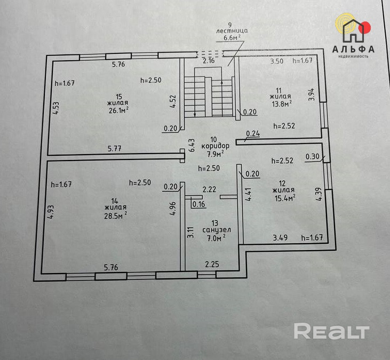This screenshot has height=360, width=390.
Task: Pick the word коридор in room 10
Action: (216, 146)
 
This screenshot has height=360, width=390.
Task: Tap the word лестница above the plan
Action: (230, 31)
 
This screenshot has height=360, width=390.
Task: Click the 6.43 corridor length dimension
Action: (192, 146)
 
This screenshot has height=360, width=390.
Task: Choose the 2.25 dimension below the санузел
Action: (212, 263)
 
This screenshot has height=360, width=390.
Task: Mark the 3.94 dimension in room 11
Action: (312, 94)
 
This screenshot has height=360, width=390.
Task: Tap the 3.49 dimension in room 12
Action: (280, 237)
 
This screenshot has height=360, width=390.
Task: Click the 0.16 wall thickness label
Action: (198, 204)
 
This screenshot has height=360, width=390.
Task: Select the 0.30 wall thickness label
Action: (312, 157)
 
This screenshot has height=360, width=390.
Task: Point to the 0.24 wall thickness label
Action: (253, 134)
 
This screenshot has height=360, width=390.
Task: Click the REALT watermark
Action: (331, 331)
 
